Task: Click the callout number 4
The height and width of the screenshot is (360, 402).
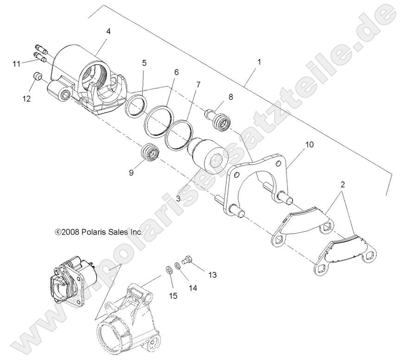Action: point(108,32)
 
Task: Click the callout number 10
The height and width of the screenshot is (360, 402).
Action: point(309,145)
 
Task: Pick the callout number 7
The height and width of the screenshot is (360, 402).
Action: point(198,85)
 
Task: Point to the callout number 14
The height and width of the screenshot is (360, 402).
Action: point(192,288)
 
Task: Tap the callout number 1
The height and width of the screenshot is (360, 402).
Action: point(259,62)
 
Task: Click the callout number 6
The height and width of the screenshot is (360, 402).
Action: point(176,72)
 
